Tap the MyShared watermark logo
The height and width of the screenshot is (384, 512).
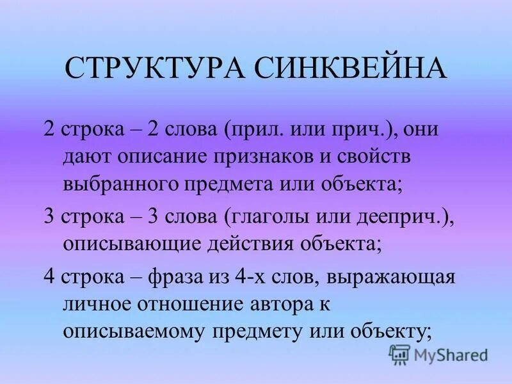(438, 353)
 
